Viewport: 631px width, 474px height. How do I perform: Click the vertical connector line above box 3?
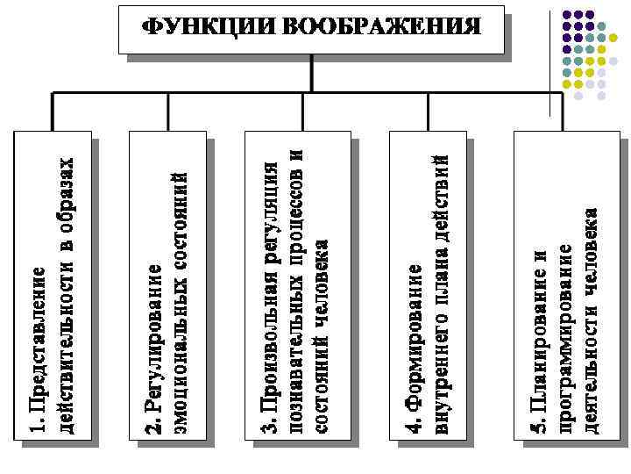point(301,111)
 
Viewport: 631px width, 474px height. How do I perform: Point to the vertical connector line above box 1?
point(53,111)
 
